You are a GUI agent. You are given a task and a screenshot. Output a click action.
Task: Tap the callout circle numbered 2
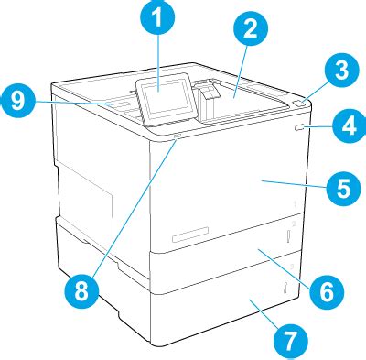tap(245, 29)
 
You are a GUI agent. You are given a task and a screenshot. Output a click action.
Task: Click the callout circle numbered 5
tap(339, 191)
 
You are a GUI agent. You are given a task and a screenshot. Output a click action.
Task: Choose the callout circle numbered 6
tap(325, 293)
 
